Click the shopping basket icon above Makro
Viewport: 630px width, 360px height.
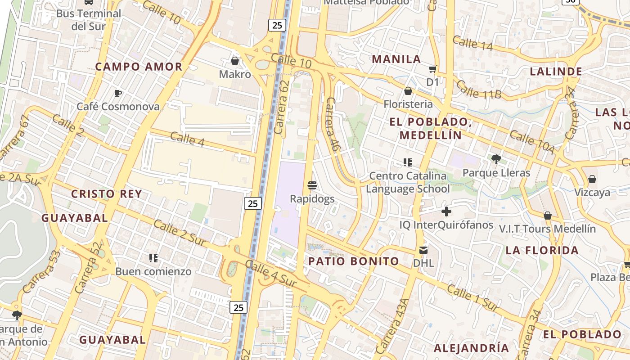click(234, 60)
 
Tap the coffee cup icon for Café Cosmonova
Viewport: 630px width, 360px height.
click(118, 93)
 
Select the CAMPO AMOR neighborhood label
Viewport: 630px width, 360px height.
click(139, 67)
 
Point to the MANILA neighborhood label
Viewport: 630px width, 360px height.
click(396, 59)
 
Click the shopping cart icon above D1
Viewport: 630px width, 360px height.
click(432, 69)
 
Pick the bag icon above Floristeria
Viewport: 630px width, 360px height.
click(408, 91)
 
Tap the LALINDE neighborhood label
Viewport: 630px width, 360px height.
click(556, 72)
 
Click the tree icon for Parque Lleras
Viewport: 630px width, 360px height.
click(496, 159)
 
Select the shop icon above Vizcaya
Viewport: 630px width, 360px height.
click(592, 179)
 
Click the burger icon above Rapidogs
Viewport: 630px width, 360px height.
click(312, 185)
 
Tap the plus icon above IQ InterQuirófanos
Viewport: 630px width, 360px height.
click(446, 211)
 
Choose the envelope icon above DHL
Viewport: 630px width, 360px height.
click(423, 250)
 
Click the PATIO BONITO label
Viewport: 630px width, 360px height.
click(354, 261)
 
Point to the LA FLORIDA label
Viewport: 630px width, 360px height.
click(542, 250)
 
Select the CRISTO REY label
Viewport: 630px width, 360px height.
click(107, 194)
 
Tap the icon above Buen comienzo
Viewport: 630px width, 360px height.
click(153, 258)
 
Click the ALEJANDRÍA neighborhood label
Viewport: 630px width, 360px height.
click(471, 348)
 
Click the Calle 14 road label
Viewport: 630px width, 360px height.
click(472, 43)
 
